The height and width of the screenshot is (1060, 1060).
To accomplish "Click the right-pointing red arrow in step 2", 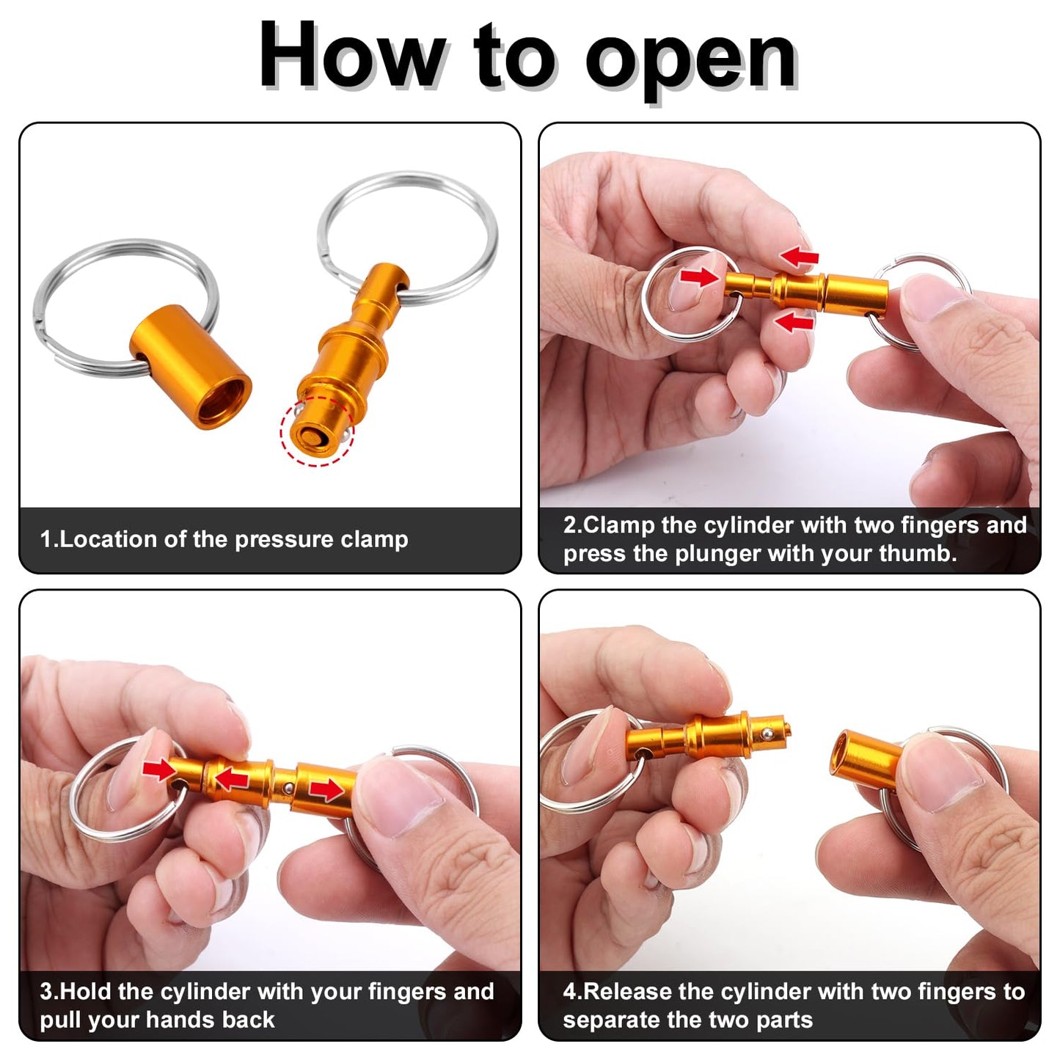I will pos(700,277).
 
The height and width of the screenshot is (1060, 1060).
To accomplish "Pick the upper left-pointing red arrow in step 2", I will pos(799,257).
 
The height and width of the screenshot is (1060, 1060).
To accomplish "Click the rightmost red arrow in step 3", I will pos(326,790).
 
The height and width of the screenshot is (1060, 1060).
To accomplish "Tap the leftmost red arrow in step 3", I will pos(159,770).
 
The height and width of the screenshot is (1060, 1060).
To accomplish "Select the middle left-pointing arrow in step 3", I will pos(232,778).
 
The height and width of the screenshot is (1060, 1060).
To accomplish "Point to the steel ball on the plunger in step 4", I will pos(766,733).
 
